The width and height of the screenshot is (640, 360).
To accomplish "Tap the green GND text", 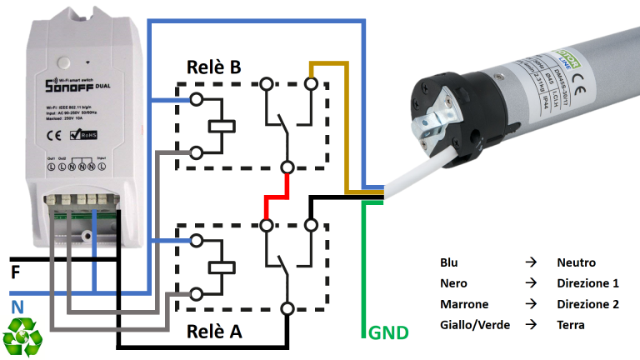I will click(x=388, y=333).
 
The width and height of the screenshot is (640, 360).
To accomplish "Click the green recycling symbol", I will click(x=24, y=339).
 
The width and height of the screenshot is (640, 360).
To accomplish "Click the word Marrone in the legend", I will click(x=464, y=304).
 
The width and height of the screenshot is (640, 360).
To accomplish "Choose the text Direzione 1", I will click(x=587, y=283).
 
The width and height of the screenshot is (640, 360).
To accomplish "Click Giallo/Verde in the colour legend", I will click(x=474, y=325).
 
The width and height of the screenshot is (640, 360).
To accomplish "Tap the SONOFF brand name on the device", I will click(x=68, y=86).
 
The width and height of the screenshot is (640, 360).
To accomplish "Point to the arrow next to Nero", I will click(x=530, y=283).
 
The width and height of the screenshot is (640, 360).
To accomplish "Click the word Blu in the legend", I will click(x=448, y=262).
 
